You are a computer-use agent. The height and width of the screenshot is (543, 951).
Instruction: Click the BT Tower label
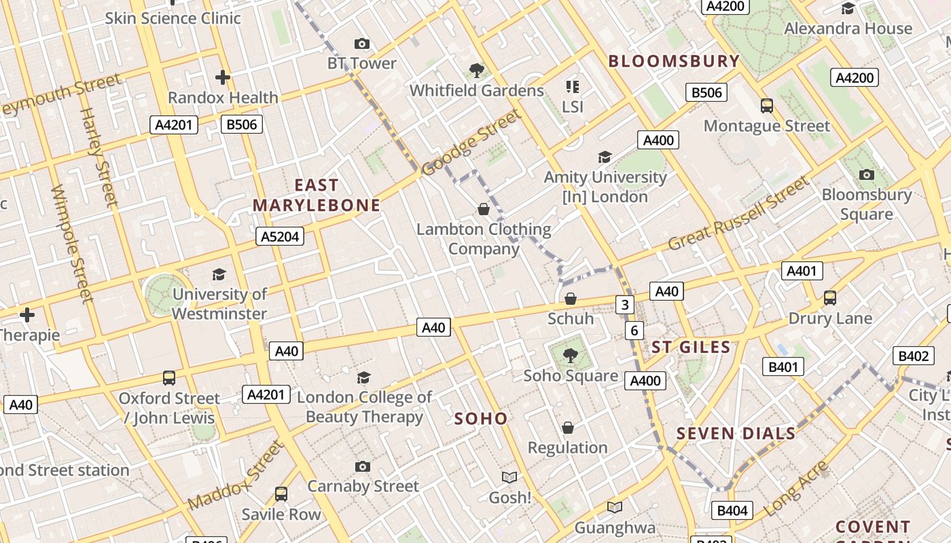coord(361,63)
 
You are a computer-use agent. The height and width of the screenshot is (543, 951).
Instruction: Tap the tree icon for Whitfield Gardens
coord(477,70)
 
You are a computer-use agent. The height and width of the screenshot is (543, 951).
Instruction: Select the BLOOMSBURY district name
coord(673,61)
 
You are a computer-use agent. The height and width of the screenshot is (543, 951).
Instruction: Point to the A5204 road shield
coord(280,236)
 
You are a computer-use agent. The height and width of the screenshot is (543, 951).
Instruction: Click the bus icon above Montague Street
coord(766,106)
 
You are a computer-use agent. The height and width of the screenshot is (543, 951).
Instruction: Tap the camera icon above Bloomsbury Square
coord(866,174)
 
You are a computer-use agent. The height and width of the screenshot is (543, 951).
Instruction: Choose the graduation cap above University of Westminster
coord(219,274)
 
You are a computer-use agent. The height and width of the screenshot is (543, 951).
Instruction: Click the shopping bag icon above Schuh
coord(571,299)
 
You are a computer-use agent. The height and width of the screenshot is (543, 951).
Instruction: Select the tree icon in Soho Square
coord(571,354)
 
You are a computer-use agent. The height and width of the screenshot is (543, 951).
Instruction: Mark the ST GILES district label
coord(691,348)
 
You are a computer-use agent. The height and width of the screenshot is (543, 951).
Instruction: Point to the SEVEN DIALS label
coord(736,434)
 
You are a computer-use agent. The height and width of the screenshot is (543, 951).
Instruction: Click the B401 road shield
coord(783,367)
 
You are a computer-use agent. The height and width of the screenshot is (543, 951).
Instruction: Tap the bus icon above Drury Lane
coord(829,297)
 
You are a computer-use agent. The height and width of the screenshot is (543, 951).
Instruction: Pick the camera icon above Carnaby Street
coord(363,466)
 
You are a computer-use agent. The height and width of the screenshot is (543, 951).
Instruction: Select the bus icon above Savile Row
coord(281,494)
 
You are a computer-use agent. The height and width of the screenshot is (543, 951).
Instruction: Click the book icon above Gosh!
coord(509,477)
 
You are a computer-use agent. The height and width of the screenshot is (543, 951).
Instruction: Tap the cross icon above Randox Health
coord(222,77)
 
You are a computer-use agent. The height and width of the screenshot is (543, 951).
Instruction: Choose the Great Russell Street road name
coord(739,214)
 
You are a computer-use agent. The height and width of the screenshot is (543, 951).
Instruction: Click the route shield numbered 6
coord(634,331)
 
